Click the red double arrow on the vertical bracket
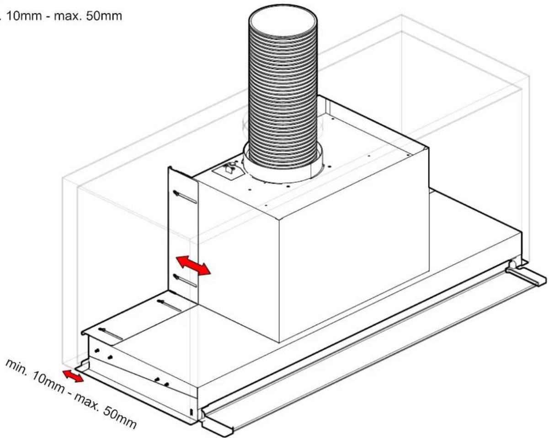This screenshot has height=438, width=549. click(193, 265)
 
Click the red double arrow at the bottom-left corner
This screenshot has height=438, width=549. click(73, 376)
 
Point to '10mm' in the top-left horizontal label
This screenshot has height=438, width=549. click(24, 16)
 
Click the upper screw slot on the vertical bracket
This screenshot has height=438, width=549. click(185, 196)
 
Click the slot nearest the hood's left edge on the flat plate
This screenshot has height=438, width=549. click(111, 334)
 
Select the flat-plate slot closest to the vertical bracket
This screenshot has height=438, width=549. click(169, 306)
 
